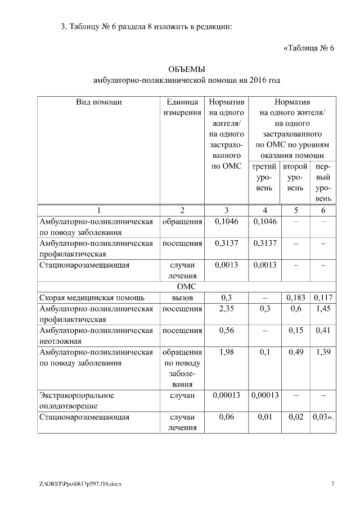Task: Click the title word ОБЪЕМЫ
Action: pos(186,69)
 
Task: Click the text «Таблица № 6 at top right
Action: pos(308,47)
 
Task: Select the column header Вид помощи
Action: pos(98,102)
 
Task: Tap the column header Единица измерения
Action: pos(182,107)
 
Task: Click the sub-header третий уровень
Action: pos(264,177)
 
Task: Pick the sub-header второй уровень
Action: pos(295,177)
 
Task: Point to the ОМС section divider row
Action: pos(186,286)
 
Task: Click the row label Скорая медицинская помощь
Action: pos(92,297)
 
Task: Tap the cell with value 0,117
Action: pos(323,297)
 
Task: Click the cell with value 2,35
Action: pos(226,308)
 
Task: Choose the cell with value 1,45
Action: pos(323,308)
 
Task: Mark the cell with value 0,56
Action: pos(226,330)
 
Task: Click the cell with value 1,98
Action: pos(226,352)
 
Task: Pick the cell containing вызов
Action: pos(182,297)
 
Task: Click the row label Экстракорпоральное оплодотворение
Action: pos(76,400)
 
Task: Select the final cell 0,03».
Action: pos(323,417)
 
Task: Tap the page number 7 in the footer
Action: pos(332,484)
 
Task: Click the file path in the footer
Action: pos(80,484)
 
